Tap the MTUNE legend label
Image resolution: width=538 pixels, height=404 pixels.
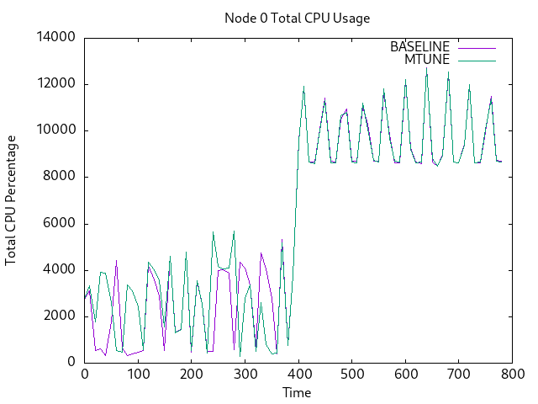(427, 60)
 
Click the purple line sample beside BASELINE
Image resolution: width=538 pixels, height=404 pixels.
(476, 47)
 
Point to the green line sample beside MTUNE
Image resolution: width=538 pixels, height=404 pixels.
(476, 60)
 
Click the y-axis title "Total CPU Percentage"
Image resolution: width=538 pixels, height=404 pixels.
(11, 199)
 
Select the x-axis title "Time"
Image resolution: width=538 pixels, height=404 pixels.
(297, 392)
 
